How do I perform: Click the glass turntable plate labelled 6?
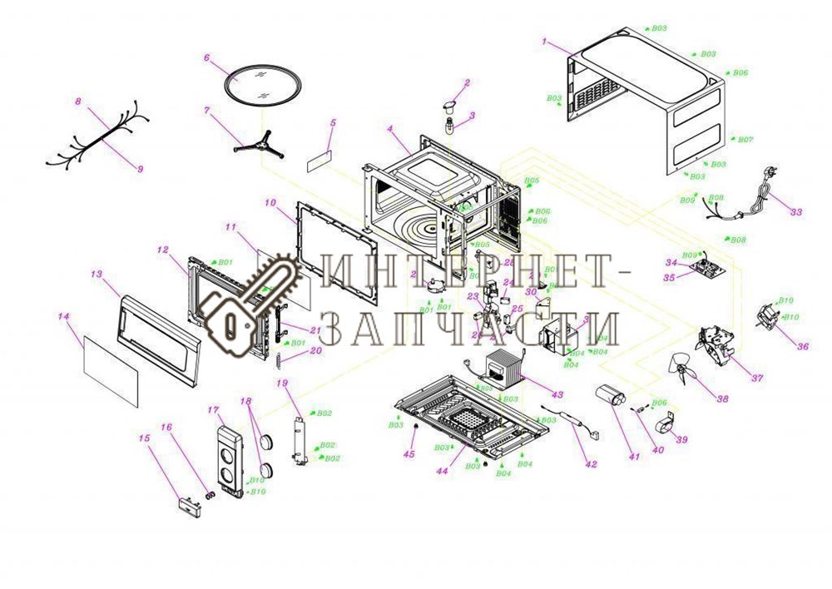[260, 83]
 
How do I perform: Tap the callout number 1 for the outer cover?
[544, 41]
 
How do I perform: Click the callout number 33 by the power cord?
[796, 213]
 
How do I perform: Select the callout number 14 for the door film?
[63, 317]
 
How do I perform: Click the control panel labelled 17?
[227, 461]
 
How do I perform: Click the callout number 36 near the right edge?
[803, 347]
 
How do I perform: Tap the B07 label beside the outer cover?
[745, 140]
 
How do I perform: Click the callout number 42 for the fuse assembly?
[590, 464]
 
